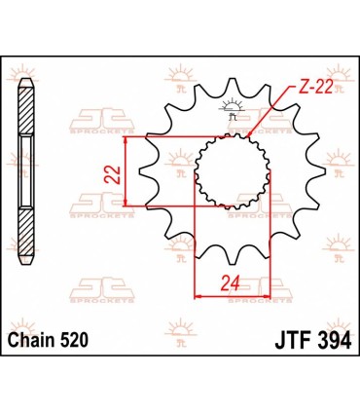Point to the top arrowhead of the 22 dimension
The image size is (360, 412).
point(126,137)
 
